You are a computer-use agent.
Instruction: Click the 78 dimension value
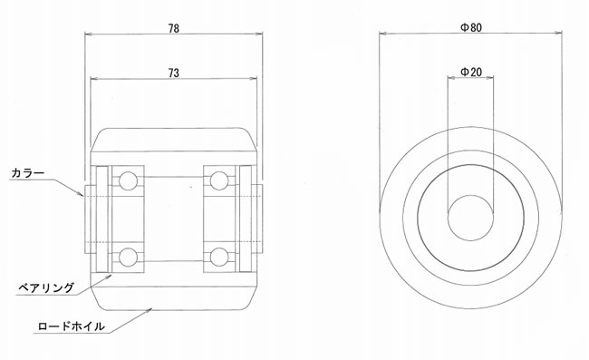[174, 28]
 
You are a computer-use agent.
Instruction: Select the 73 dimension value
[174, 73]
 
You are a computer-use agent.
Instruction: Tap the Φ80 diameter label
[471, 27]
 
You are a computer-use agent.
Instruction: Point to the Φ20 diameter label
[471, 72]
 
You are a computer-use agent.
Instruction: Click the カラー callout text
[28, 173]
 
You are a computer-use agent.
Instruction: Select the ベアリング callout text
[46, 287]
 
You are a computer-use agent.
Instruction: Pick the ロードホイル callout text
[71, 326]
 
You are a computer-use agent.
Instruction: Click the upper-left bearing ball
[128, 181]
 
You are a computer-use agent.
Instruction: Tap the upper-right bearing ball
[219, 181]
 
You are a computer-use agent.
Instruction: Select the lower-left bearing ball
[128, 257]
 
